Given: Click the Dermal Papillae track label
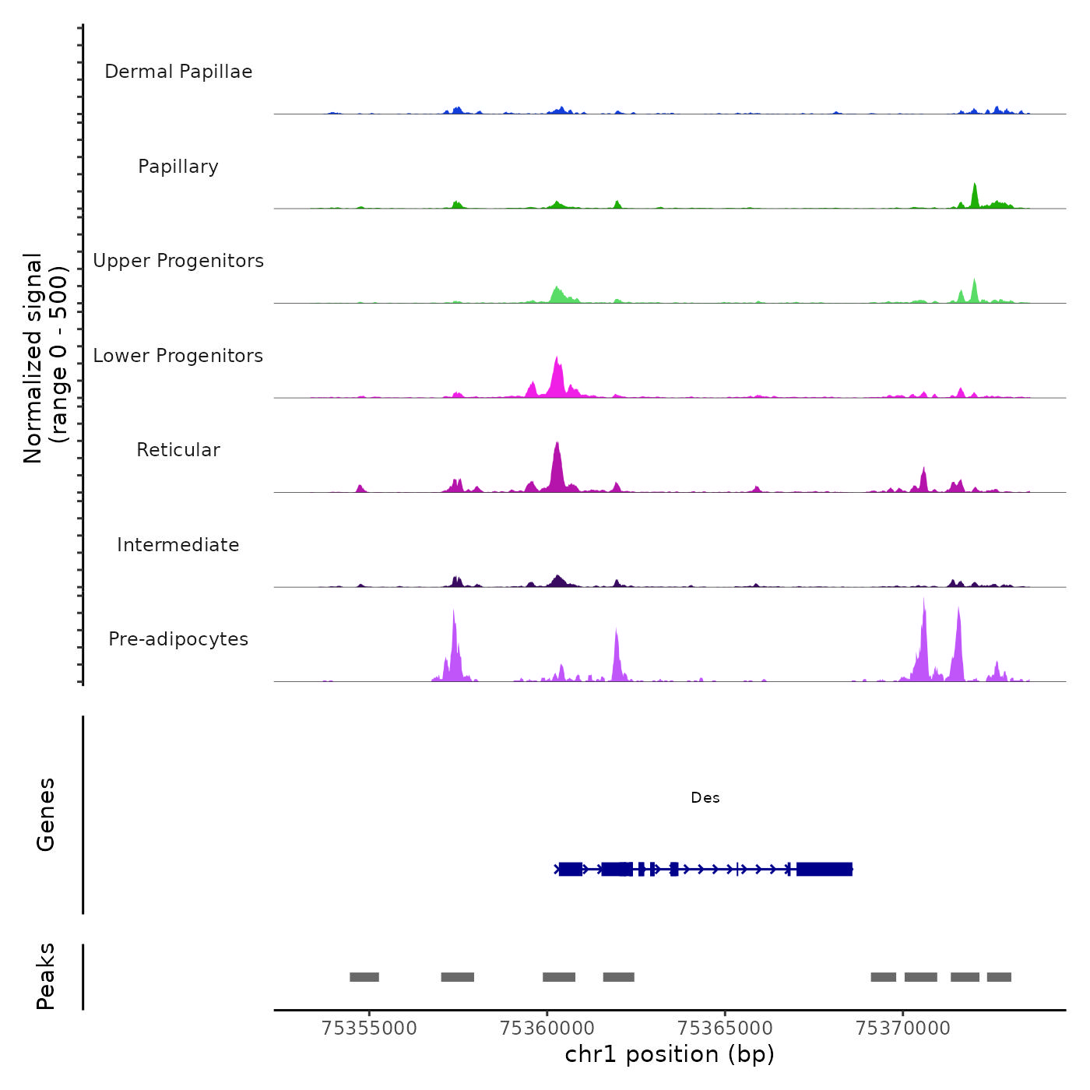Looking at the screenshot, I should [x=178, y=72].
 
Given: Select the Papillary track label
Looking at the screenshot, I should [x=178, y=167].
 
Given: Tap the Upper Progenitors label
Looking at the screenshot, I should [x=178, y=261].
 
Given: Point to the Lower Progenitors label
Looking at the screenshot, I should [x=178, y=356].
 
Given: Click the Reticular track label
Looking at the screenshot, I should [x=178, y=450].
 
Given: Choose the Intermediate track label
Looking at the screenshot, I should [x=178, y=545].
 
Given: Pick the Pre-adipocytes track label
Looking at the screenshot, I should [x=178, y=639].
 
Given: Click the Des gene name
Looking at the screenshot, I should [x=705, y=798].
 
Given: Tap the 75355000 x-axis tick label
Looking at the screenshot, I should [x=369, y=1028].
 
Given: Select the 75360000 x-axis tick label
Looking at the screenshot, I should [x=547, y=1028].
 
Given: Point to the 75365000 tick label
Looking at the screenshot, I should [x=725, y=1028].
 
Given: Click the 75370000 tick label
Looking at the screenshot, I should [x=903, y=1028].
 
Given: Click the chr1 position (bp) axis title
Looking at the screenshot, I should [x=670, y=1054].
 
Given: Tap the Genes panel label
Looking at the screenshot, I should [x=46, y=814].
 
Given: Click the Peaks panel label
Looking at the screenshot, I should [x=46, y=976].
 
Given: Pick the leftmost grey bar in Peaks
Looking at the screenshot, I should [x=364, y=977].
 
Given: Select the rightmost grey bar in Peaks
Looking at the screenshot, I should [x=999, y=977].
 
